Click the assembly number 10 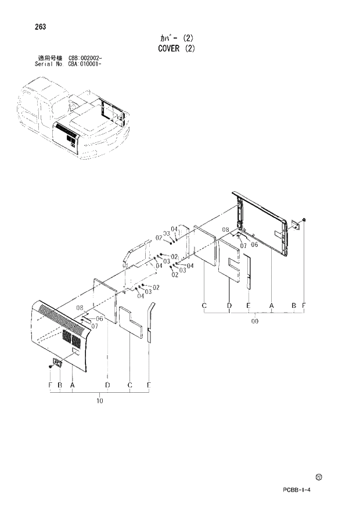pyautogui.click(x=99, y=401)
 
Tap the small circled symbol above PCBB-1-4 pyautogui.click(x=319, y=476)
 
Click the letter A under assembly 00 pyautogui.click(x=271, y=306)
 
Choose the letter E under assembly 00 pyautogui.click(x=248, y=306)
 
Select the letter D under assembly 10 pyautogui.click(x=108, y=385)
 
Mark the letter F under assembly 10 pyautogui.click(x=51, y=385)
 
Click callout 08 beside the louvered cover pyautogui.click(x=80, y=308)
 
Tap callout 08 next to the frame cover pyautogui.click(x=225, y=230)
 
